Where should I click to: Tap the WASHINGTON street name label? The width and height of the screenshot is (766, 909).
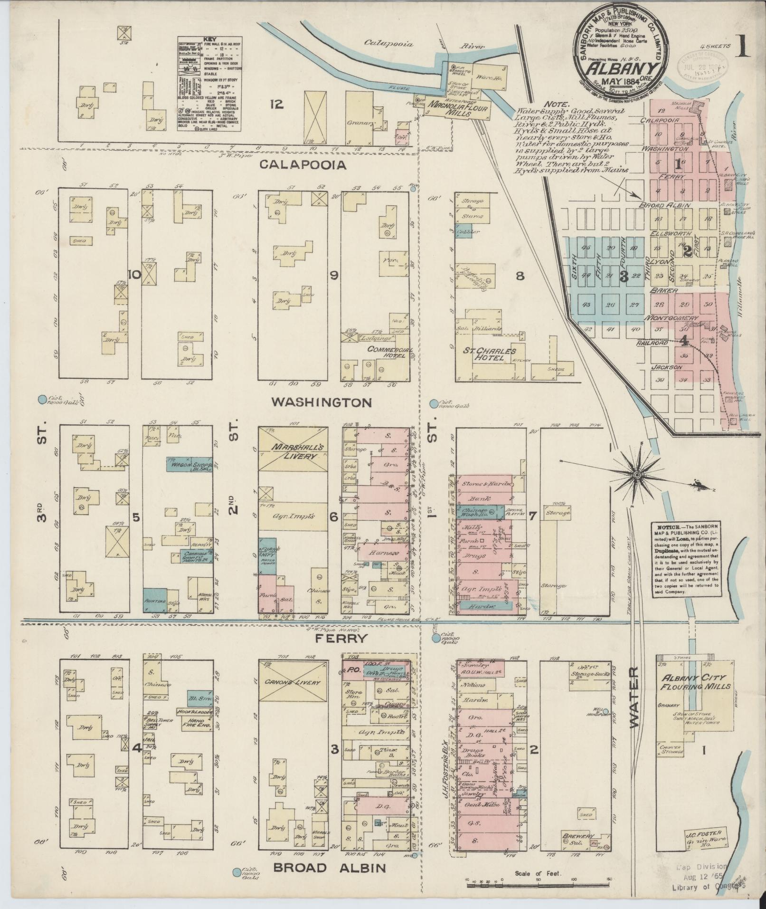[321, 402]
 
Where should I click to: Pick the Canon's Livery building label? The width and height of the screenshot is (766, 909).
[292, 683]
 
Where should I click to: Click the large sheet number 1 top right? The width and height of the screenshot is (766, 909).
[742, 48]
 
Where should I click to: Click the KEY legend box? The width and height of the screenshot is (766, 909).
[209, 85]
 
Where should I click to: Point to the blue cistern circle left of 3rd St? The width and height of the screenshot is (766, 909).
[42, 400]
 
